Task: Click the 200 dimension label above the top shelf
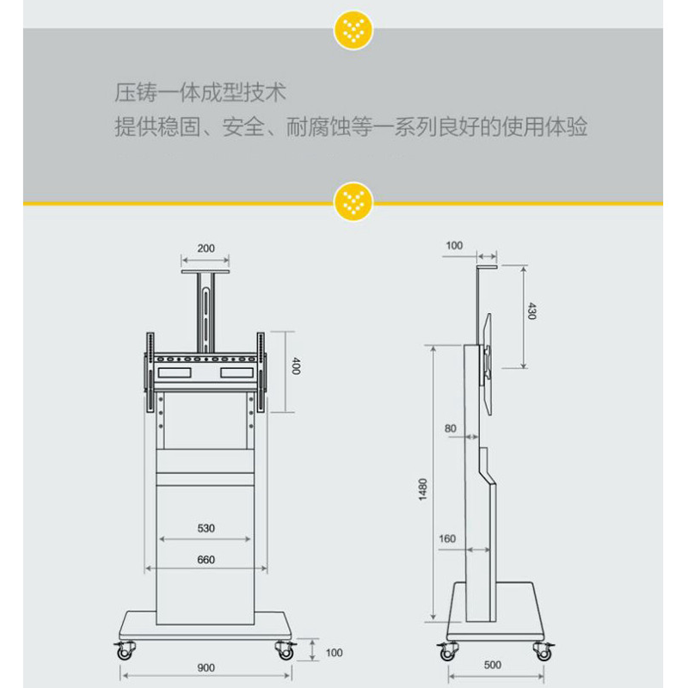(206, 249)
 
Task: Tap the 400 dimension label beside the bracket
(296, 366)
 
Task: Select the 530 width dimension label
(206, 528)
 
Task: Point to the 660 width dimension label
(206, 560)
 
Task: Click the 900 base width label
(206, 668)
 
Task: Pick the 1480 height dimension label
(422, 489)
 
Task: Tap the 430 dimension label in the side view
(531, 310)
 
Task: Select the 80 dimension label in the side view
(450, 428)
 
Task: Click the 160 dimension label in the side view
(447, 538)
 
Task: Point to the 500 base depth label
(492, 665)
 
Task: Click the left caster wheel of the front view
(125, 650)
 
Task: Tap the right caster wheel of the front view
(286, 650)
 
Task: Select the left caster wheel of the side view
(447, 652)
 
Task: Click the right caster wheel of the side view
(544, 652)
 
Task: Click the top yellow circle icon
(353, 30)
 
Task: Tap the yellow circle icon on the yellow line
(353, 202)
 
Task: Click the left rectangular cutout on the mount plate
(175, 372)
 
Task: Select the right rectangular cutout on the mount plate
(237, 372)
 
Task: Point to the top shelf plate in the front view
(206, 272)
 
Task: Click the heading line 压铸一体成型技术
(200, 93)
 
